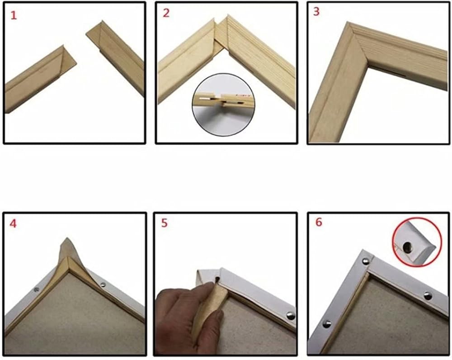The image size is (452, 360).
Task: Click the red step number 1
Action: (x=14, y=15)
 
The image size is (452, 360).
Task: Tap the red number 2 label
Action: (x=166, y=13)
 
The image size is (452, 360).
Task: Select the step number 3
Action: (x=316, y=12)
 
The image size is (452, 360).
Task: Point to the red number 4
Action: (x=13, y=223)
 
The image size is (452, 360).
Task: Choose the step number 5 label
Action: (x=165, y=223)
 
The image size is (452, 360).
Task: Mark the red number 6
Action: (x=319, y=223)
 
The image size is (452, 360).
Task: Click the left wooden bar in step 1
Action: (x=40, y=79)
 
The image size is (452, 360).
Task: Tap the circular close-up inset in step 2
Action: (x=223, y=105)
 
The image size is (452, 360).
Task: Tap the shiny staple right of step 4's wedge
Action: (x=103, y=285)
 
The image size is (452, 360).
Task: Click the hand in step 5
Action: (x=188, y=320)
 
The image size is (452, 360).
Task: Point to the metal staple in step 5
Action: (x=291, y=316)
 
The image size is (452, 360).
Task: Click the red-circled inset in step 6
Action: (x=417, y=242)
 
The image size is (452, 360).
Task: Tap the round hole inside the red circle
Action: (x=407, y=246)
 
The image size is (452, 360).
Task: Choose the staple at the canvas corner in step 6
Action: (x=366, y=261)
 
